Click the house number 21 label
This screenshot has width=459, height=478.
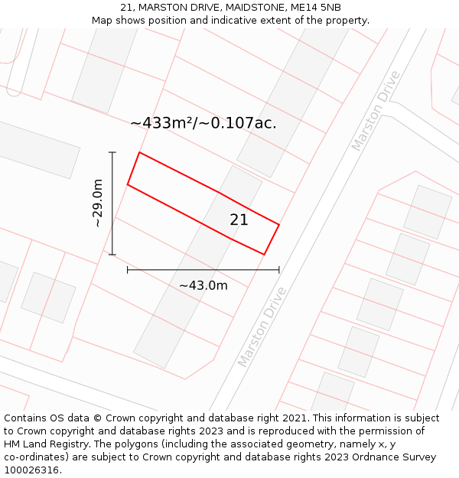click(x=239, y=219)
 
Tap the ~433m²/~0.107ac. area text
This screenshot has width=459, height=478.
click(x=203, y=122)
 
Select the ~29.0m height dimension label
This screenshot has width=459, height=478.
click(x=98, y=203)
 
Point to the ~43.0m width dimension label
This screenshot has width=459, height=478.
click(x=203, y=285)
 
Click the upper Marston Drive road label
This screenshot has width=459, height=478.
click(x=376, y=110)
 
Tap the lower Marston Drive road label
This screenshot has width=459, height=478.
click(x=262, y=327)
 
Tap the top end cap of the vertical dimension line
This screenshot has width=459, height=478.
click(x=112, y=153)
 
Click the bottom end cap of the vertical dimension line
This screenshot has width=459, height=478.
click(x=112, y=255)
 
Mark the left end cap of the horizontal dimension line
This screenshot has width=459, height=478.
click(x=128, y=269)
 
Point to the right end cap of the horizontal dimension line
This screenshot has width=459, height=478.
click(x=279, y=269)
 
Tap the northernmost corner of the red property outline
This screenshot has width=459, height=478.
click(x=139, y=152)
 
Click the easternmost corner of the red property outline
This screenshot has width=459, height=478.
click(x=279, y=225)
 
